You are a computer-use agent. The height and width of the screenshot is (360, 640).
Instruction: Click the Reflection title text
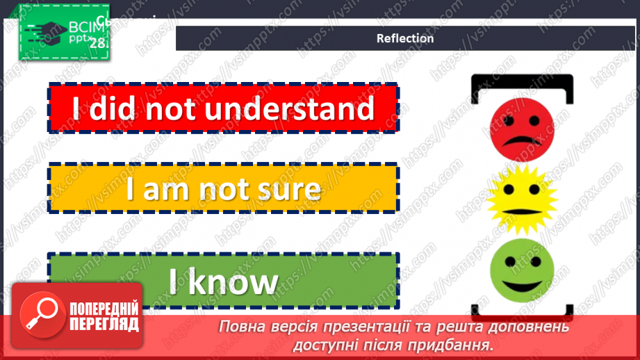click(404, 38)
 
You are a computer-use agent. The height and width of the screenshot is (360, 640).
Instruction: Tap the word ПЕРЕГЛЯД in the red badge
click(104, 323)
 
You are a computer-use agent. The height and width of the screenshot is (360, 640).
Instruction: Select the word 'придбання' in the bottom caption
click(452, 344)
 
